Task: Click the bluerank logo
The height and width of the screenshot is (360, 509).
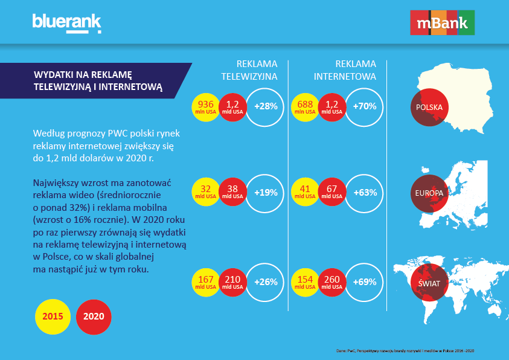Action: pyautogui.click(x=66, y=24)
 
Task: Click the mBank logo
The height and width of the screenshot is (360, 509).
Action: pyautogui.click(x=443, y=24)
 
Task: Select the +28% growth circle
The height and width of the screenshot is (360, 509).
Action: pyautogui.click(x=266, y=107)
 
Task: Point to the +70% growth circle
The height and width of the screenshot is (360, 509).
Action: pyautogui.click(x=365, y=107)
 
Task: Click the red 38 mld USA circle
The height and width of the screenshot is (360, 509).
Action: pyautogui.click(x=233, y=193)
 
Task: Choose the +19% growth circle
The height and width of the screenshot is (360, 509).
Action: pyautogui.click(x=266, y=193)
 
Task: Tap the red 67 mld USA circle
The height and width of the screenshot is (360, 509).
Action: pyautogui.click(x=331, y=193)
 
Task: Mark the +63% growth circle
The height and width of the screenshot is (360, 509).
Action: pyautogui.click(x=365, y=193)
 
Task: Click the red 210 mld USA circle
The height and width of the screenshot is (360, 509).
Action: pyautogui.click(x=233, y=282)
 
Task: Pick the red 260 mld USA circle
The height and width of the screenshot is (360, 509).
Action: pyautogui.click(x=331, y=282)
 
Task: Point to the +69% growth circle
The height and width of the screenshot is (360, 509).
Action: pyautogui.click(x=365, y=282)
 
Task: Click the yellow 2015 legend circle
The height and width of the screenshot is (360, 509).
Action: pyautogui.click(x=53, y=316)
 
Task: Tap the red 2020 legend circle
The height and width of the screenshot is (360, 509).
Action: pyautogui.click(x=94, y=316)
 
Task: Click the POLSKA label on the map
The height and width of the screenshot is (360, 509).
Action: pyautogui.click(x=429, y=108)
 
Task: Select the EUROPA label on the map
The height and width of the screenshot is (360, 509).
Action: pyautogui.click(x=429, y=193)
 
